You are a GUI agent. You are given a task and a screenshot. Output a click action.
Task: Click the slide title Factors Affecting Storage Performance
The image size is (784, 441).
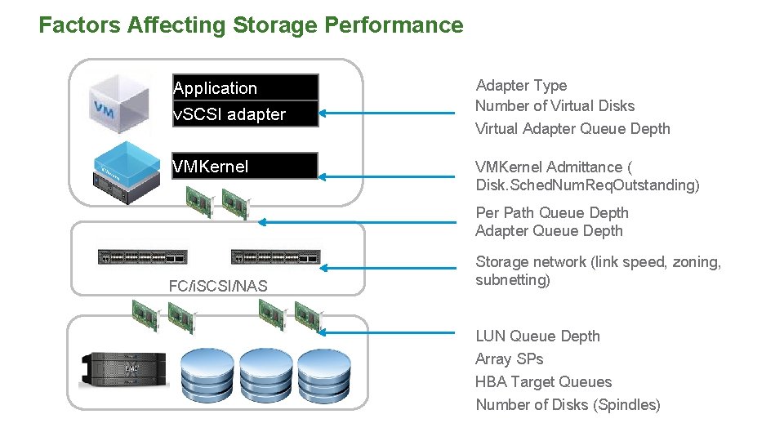251,25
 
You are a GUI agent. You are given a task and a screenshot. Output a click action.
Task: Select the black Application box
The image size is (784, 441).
245,87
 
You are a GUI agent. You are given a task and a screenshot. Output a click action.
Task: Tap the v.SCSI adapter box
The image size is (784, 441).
245,114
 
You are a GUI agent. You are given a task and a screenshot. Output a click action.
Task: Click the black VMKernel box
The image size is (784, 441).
245,167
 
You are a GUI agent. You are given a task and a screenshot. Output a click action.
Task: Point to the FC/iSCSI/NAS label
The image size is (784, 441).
218,285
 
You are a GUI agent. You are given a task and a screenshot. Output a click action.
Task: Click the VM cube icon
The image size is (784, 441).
119,104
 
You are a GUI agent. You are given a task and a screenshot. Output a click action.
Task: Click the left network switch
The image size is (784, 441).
142,256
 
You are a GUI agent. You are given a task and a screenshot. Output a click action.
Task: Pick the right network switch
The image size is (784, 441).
276,256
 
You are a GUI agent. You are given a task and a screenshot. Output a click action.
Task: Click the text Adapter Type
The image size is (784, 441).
521,86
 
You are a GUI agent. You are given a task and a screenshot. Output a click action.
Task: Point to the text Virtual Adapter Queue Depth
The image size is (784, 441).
572,129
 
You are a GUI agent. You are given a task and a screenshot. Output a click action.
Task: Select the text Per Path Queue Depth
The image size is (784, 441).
552,213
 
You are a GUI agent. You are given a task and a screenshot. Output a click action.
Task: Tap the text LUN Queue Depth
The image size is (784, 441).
537,336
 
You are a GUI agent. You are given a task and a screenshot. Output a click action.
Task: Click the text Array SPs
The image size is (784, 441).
509,359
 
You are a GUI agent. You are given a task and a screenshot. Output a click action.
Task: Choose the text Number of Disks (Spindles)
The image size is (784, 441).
568,405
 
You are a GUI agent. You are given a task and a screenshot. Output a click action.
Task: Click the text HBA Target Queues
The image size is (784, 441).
543,382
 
